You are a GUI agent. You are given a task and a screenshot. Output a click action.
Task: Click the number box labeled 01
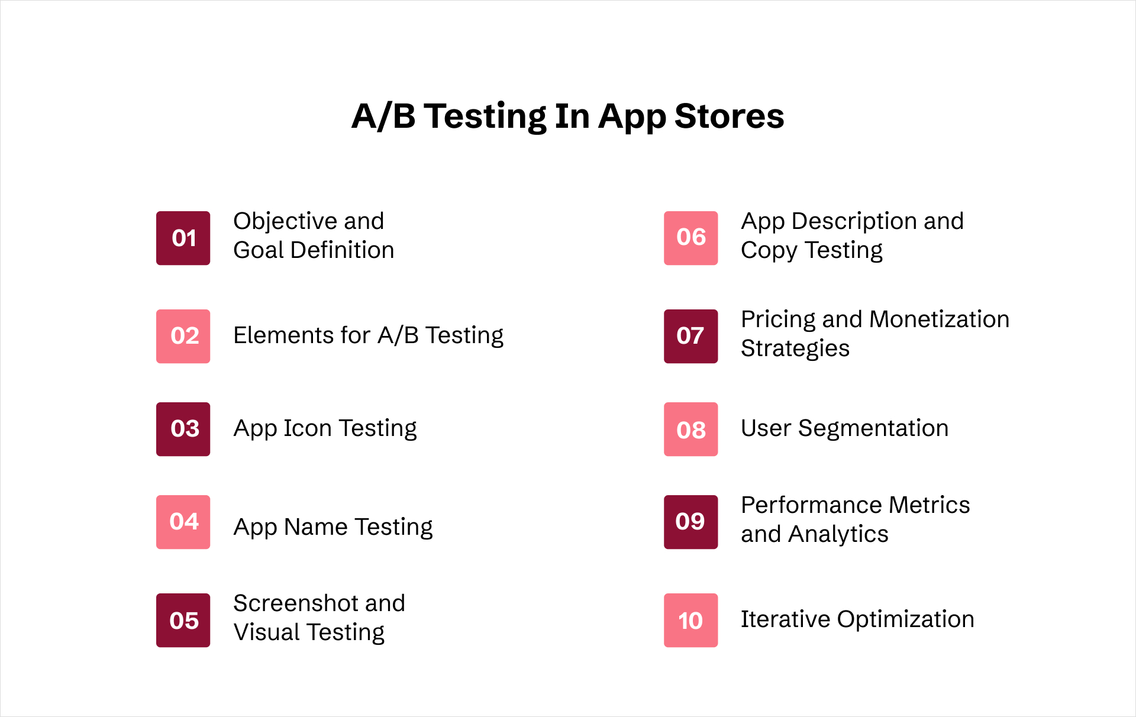pyautogui.click(x=183, y=238)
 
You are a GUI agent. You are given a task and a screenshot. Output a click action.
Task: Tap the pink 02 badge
pyautogui.click(x=183, y=336)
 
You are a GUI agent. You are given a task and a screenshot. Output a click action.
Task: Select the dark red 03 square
pyautogui.click(x=183, y=429)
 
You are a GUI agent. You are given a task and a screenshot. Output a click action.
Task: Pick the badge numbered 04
pyautogui.click(x=183, y=522)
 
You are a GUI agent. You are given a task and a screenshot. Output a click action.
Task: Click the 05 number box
pyautogui.click(x=183, y=620)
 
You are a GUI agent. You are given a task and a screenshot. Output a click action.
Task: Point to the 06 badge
pyautogui.click(x=690, y=238)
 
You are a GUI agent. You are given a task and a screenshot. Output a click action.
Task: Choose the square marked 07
pyautogui.click(x=690, y=336)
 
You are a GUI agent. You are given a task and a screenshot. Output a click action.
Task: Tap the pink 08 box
pyautogui.click(x=690, y=429)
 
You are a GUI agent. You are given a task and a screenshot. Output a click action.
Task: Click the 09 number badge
pyautogui.click(x=690, y=522)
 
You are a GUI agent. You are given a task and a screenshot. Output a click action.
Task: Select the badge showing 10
pyautogui.click(x=690, y=620)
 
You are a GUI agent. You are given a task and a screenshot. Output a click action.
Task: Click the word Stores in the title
pyautogui.click(x=729, y=116)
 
